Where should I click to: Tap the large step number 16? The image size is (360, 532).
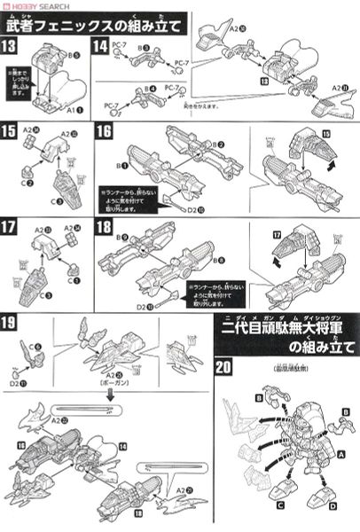pos(104,130)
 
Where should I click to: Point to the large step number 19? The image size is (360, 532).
pos(15,323)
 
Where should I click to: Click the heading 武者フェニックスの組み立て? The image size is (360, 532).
pos(94,23)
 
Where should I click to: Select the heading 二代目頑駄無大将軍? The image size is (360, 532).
pos(286,330)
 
